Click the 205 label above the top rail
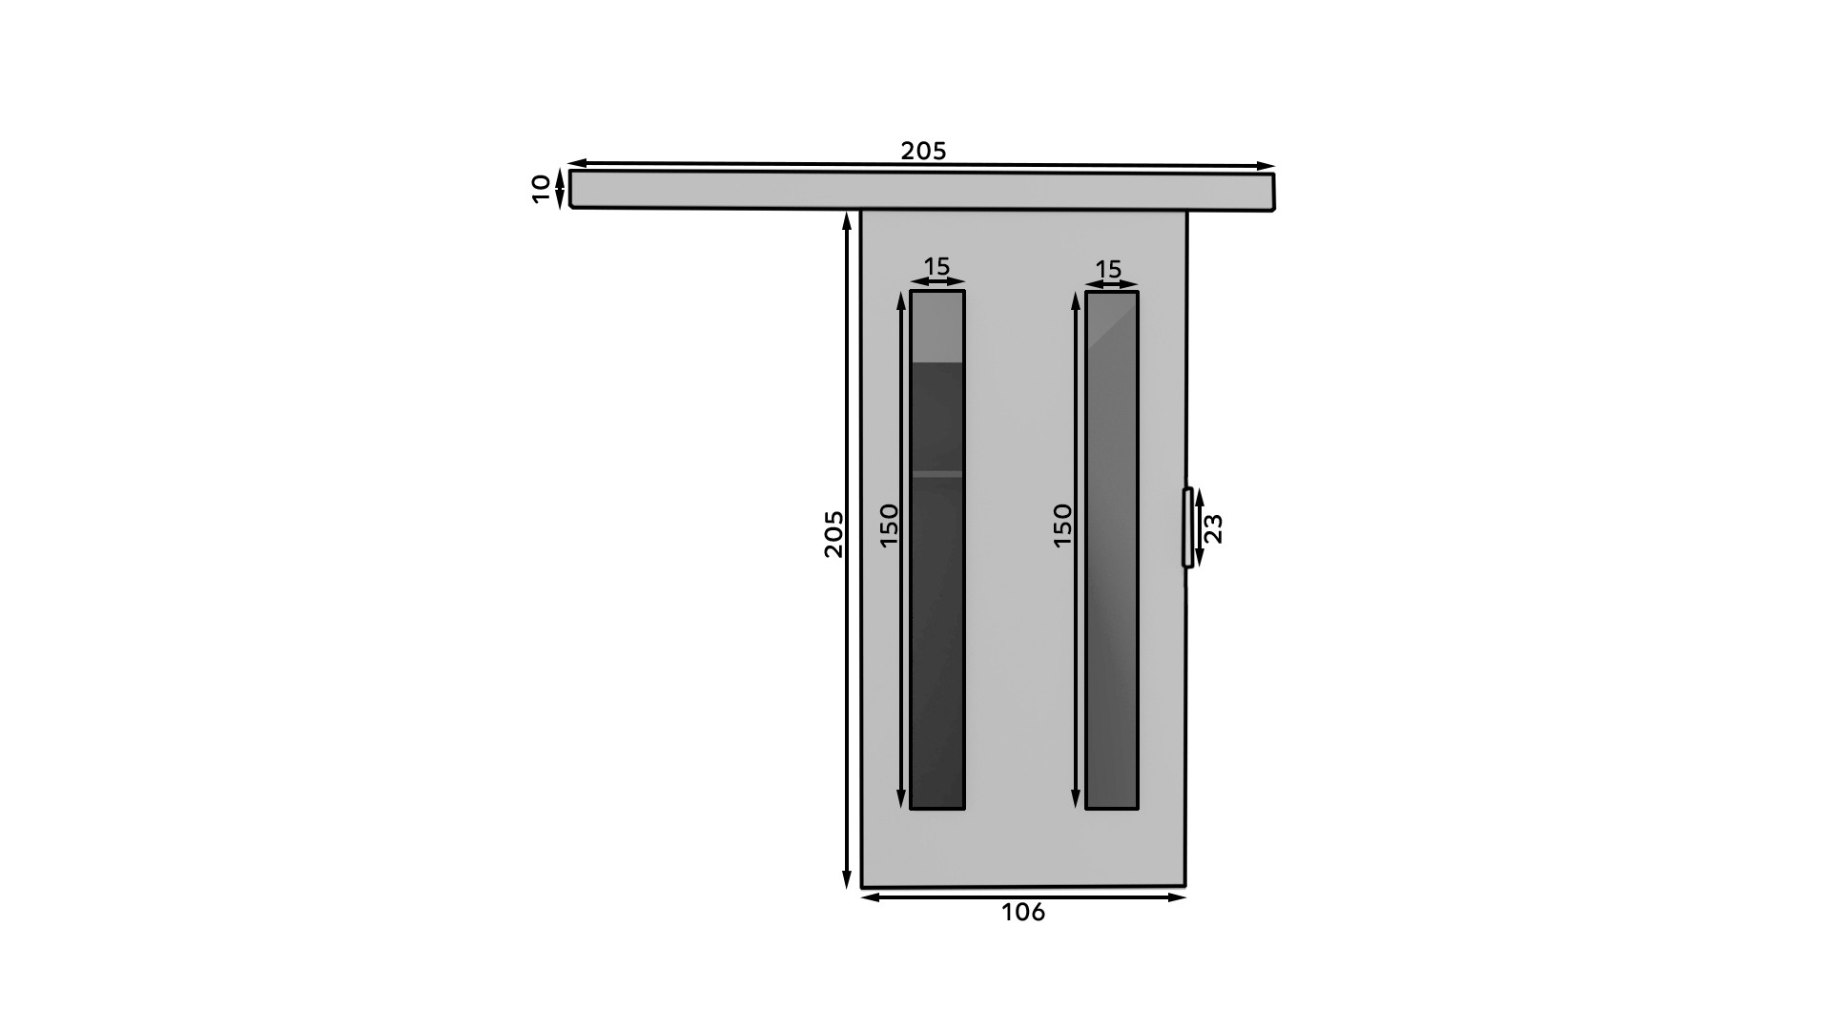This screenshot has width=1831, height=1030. point(923,151)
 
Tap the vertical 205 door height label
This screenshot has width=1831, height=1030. point(833,534)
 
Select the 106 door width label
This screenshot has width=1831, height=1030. point(1023,913)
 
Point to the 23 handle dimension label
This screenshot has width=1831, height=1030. point(1213,528)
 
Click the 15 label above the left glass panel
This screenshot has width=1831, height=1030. point(937,266)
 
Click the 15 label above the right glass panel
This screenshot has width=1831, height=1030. point(1108,270)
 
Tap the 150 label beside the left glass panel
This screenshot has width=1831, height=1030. point(889,525)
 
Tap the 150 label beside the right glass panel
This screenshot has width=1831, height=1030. point(1062,525)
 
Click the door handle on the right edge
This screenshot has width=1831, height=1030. point(1187,527)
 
